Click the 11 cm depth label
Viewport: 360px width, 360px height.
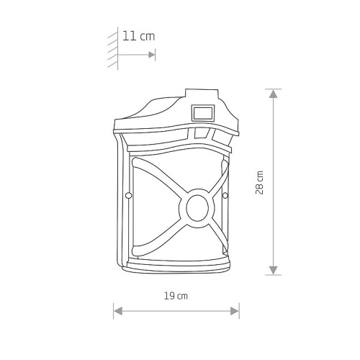138,36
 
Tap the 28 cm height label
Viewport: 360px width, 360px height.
259,182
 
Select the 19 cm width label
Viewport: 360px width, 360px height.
176,296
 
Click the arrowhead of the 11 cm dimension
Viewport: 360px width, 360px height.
152,55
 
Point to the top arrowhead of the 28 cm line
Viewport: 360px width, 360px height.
274,94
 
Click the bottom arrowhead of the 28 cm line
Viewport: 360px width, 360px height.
274,270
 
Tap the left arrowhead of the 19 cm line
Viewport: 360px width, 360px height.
118,311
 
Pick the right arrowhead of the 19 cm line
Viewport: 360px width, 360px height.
235,311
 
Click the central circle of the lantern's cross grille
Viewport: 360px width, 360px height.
197,208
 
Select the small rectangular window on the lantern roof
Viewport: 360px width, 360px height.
203,112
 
